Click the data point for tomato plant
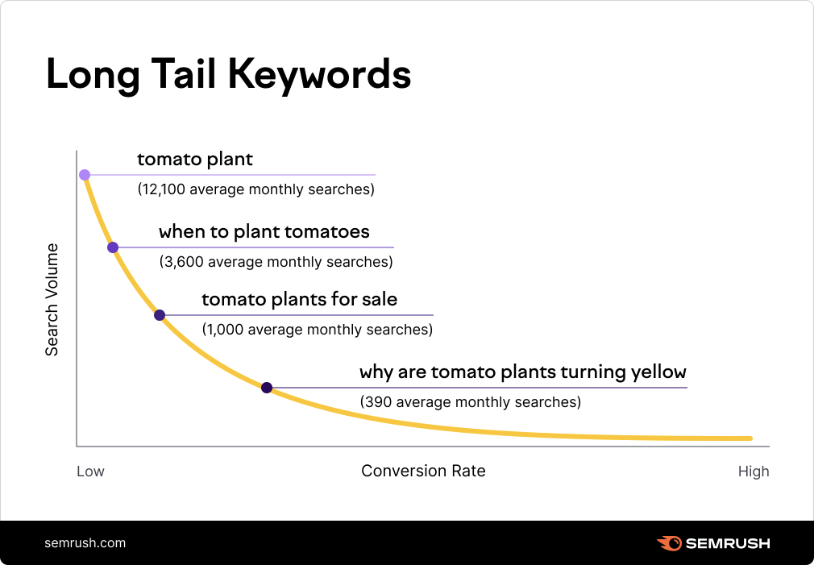(x=85, y=175)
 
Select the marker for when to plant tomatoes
(x=113, y=247)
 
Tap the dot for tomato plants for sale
(x=160, y=315)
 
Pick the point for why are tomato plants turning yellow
(x=267, y=388)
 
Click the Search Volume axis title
(x=52, y=299)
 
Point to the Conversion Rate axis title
(x=423, y=471)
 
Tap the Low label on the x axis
(x=90, y=472)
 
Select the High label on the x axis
(x=754, y=472)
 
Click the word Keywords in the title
(x=320, y=75)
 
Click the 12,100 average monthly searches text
(x=256, y=190)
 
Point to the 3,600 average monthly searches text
(x=276, y=262)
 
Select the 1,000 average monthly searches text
(x=317, y=330)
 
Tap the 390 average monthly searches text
(x=470, y=401)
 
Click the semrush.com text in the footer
(x=85, y=542)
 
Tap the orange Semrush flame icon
(x=669, y=543)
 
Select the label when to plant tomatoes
(x=264, y=232)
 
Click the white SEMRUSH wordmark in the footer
(x=728, y=543)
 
